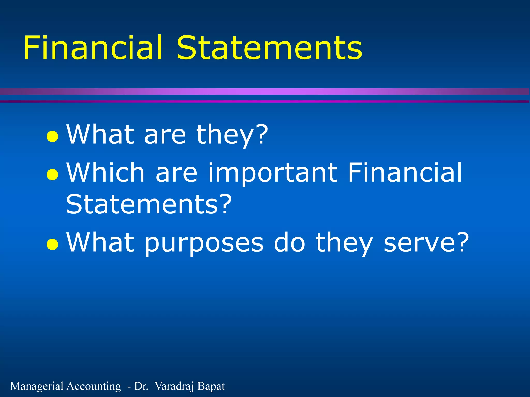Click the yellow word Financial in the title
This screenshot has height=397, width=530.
(93, 48)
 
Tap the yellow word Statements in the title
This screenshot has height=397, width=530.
(269, 48)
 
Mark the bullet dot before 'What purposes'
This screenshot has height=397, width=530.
(52, 244)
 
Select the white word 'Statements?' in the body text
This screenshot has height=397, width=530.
(149, 204)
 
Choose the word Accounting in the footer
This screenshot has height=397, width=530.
(94, 386)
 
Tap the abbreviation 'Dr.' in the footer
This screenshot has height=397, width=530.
(141, 386)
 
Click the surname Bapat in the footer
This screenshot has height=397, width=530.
(211, 386)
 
